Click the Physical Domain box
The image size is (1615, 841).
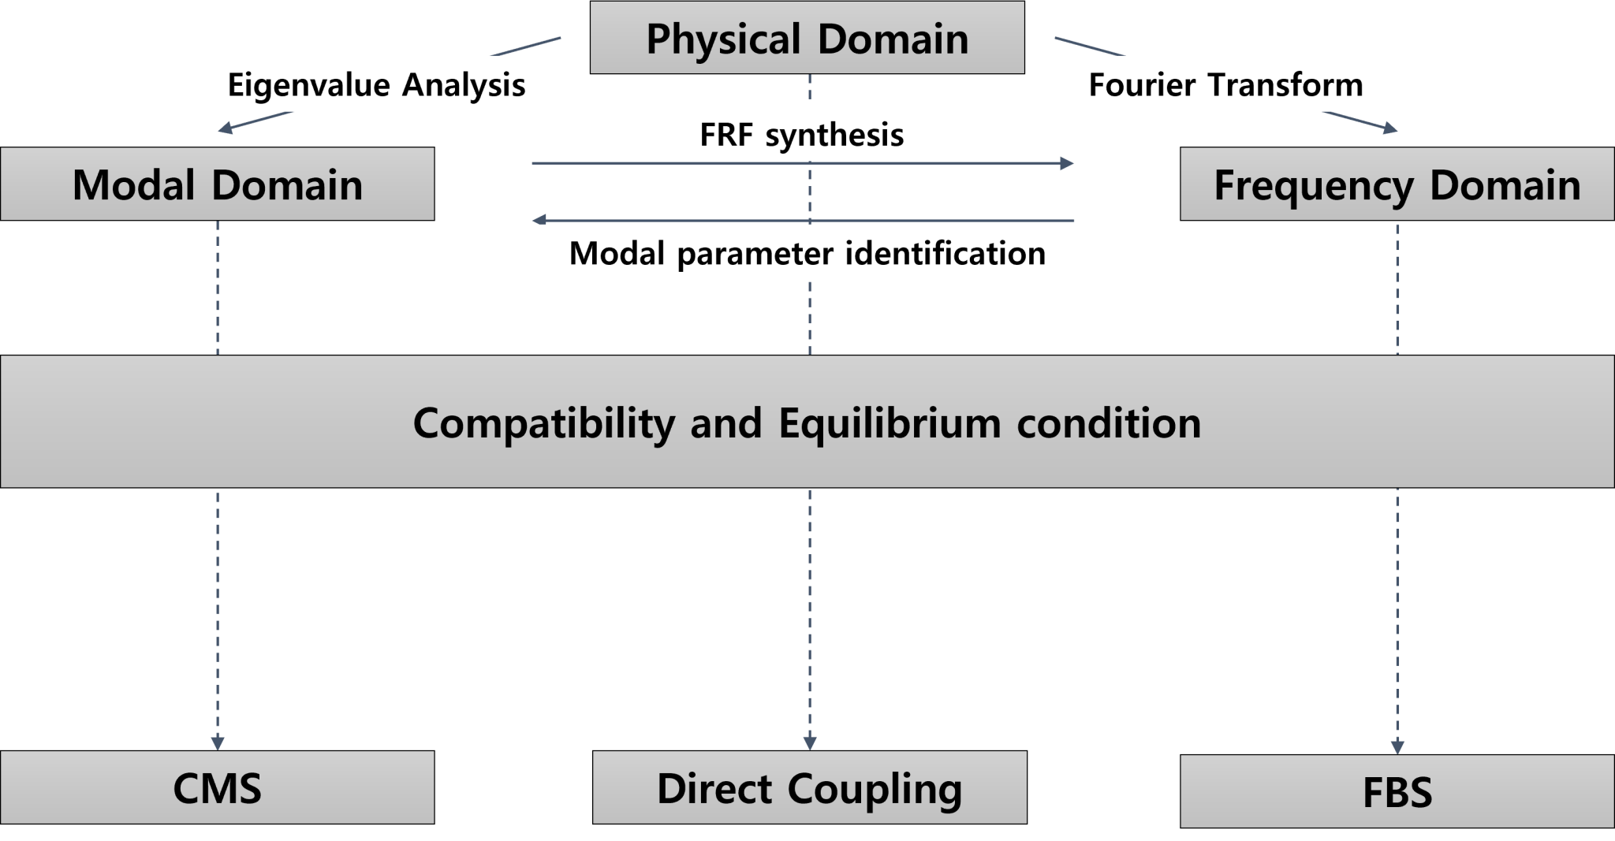click(807, 38)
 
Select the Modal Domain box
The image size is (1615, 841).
click(217, 184)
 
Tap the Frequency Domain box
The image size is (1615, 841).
click(1397, 184)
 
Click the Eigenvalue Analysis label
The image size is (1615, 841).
click(376, 84)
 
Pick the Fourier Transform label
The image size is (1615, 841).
click(1225, 84)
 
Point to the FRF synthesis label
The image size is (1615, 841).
click(801, 134)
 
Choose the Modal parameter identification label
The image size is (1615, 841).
click(807, 253)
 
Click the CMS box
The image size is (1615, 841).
click(217, 787)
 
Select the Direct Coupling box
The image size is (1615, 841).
click(809, 787)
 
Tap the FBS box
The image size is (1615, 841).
click(1397, 792)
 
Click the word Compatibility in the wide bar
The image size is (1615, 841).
click(543, 423)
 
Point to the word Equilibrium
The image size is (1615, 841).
click(890, 423)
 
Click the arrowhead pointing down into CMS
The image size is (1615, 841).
click(218, 743)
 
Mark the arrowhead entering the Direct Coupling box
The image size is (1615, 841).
click(809, 743)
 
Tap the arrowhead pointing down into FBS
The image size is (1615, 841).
click(1397, 746)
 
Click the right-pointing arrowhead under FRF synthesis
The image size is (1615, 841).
click(1068, 163)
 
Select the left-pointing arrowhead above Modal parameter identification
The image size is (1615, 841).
click(539, 220)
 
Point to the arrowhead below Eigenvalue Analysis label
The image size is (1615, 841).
click(225, 128)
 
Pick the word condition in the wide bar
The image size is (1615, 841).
click(1109, 423)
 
